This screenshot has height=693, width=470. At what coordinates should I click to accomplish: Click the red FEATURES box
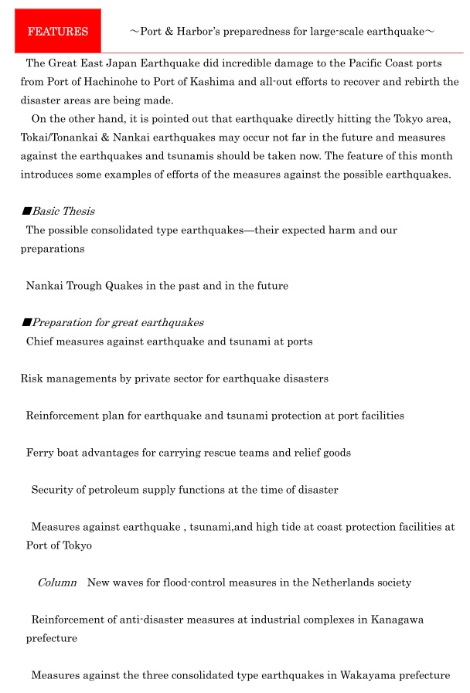58,32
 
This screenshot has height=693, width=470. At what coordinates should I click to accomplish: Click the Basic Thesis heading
63,211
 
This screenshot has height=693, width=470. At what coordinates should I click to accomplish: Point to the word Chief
40,341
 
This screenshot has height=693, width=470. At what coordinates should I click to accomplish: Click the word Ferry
40,452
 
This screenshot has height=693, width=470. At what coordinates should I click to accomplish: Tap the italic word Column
57,582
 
